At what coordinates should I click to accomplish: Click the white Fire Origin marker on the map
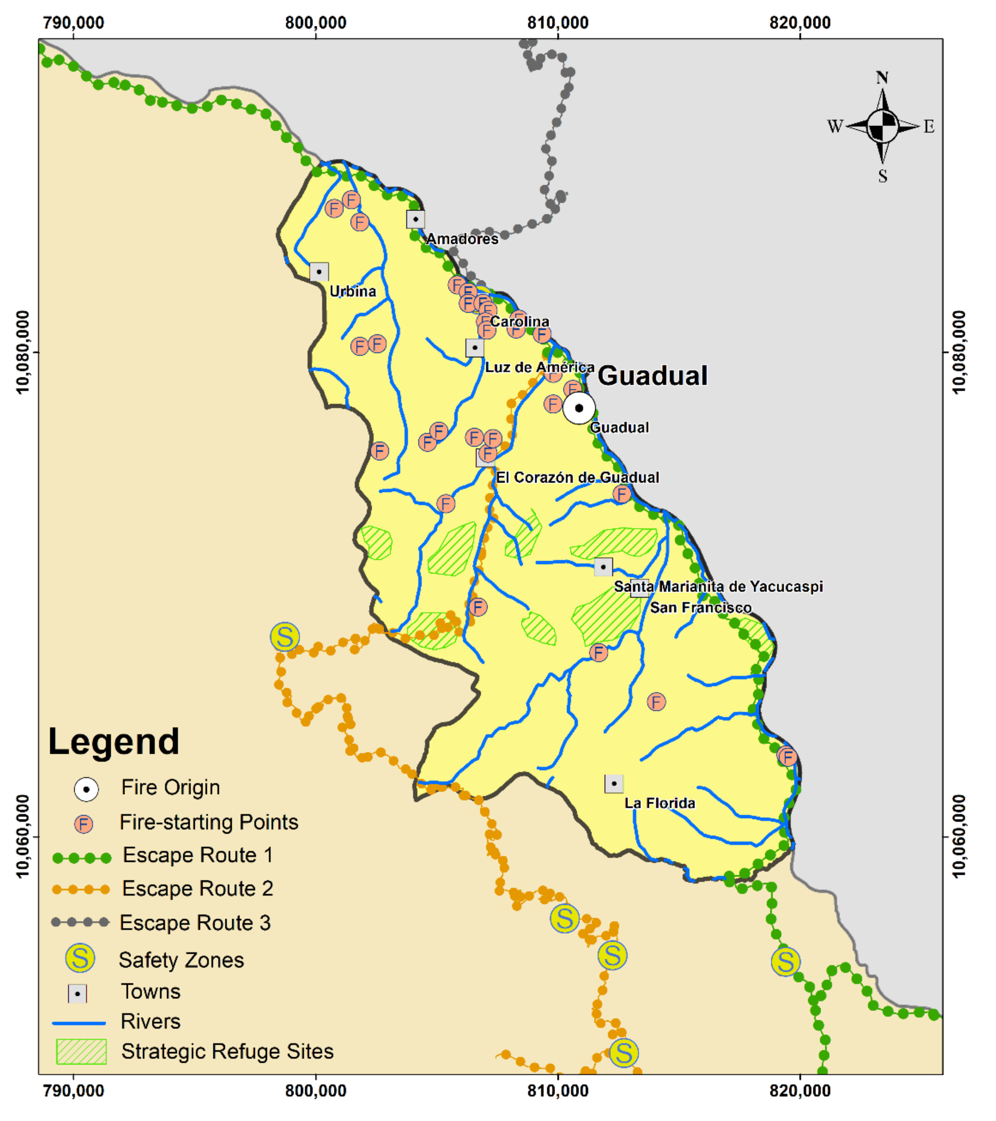pos(579,408)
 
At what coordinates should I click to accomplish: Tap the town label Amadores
pos(462,239)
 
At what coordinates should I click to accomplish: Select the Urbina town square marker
pos(319,272)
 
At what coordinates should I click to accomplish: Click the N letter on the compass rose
pos(882,78)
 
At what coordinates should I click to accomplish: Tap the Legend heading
pos(114,742)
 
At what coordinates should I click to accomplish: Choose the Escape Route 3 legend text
pos(195,923)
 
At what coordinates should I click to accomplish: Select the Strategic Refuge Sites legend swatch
pos(81,1051)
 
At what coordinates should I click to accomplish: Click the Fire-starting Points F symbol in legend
pos(84,824)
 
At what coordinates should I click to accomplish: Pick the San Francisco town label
pos(700,608)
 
